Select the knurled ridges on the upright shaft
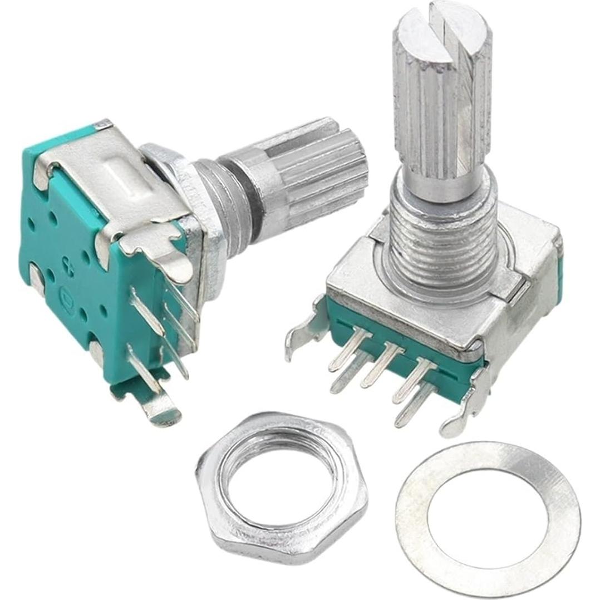pos(440,111)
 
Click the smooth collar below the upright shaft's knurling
pos(440,184)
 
